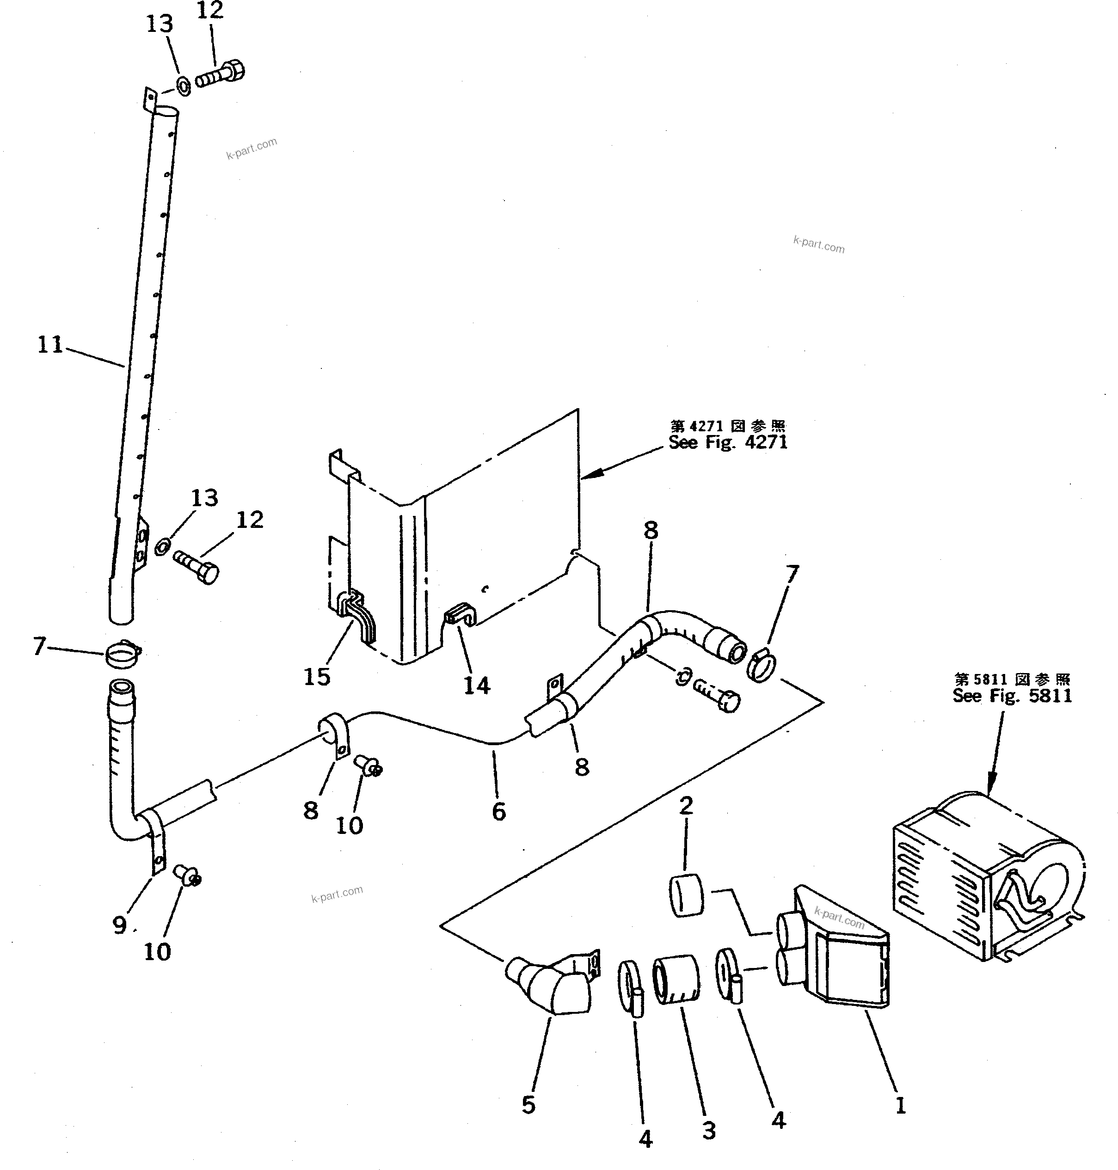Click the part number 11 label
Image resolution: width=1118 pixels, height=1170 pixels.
pos(50,345)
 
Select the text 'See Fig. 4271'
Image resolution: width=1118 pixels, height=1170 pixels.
pos(728,443)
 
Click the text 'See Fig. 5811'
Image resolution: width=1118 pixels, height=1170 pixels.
pos(1012,696)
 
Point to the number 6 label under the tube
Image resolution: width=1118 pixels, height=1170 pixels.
pos(499,811)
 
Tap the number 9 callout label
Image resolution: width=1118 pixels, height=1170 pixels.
pos(119,925)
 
